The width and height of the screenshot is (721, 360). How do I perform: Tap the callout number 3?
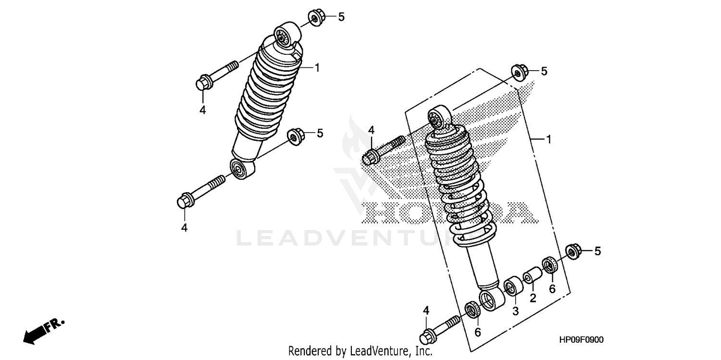pos(515,311)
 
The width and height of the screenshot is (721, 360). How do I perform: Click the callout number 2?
pos(533,298)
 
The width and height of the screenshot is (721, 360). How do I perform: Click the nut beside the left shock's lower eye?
pos(294,136)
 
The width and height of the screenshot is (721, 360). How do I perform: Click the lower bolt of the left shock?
pos(200,191)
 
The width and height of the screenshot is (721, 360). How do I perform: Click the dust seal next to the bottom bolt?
pos(473,310)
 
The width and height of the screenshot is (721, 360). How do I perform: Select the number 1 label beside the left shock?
pos(317,67)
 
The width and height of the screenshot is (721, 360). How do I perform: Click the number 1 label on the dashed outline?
pos(548,139)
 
